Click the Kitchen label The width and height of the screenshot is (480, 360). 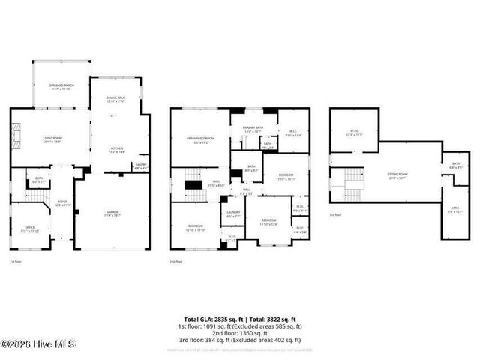point(117,149)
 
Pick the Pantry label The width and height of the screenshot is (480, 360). point(141,166)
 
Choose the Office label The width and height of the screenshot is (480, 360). point(30,229)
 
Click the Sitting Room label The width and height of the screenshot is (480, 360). point(385,176)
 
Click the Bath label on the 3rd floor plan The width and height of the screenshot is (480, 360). point(455,165)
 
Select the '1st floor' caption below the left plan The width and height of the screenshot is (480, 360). point(14,262)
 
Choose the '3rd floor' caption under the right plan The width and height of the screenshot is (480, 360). point(335,215)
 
